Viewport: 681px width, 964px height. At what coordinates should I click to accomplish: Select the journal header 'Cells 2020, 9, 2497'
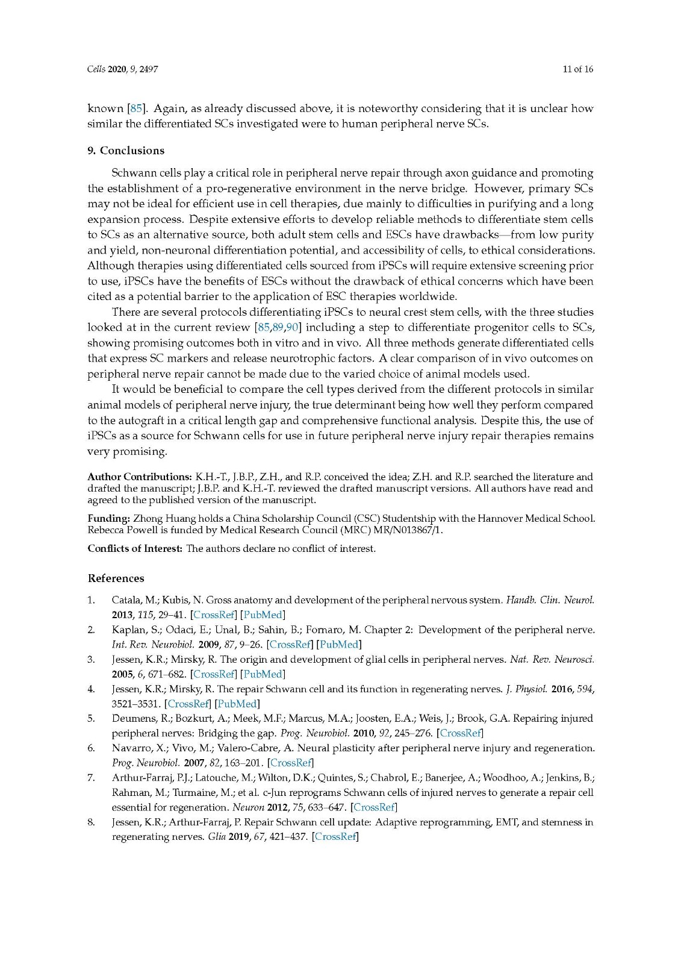[x=123, y=69]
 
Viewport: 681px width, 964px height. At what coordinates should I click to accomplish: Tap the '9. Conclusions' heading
[x=126, y=151]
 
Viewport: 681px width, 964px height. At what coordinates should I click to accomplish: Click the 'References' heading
[x=116, y=578]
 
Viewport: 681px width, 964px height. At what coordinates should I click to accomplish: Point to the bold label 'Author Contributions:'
[x=140, y=477]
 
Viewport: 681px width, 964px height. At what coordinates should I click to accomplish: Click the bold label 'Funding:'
[x=109, y=518]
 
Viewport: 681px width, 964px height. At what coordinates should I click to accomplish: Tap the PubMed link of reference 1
[x=263, y=615]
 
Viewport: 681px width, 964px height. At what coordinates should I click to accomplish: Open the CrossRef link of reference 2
[x=290, y=645]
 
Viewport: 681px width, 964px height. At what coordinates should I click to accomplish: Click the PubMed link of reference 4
[x=237, y=704]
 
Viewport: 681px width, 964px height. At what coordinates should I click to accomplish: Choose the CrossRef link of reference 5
[x=461, y=733]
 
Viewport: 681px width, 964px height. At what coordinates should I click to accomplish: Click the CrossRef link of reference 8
[x=335, y=837]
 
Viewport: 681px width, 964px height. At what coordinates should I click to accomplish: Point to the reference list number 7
[x=91, y=778]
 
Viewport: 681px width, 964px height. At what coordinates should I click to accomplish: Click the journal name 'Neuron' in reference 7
[x=244, y=807]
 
